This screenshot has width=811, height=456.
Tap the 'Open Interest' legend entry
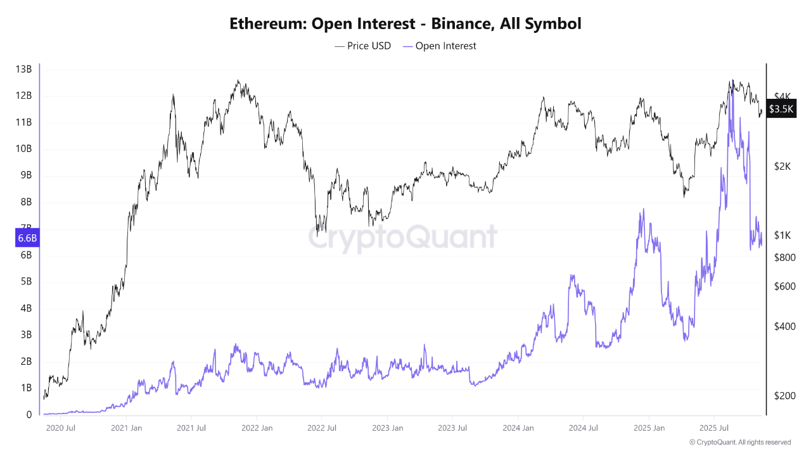[x=445, y=46]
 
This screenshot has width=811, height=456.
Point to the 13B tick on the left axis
[x=23, y=69]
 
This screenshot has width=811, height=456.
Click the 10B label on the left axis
[x=23, y=149]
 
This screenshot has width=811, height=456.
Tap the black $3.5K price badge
[x=781, y=109]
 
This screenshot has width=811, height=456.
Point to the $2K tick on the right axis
[x=783, y=166]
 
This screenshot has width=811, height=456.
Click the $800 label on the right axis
[x=784, y=257]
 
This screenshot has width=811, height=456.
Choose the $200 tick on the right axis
[x=784, y=396]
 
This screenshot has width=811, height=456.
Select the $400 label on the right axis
[x=784, y=327]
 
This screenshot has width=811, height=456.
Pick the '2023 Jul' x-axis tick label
[x=452, y=428]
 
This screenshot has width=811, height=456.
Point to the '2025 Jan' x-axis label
[x=649, y=428]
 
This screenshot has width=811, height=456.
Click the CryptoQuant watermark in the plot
[x=402, y=237]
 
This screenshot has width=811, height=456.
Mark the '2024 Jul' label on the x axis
[x=584, y=428]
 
